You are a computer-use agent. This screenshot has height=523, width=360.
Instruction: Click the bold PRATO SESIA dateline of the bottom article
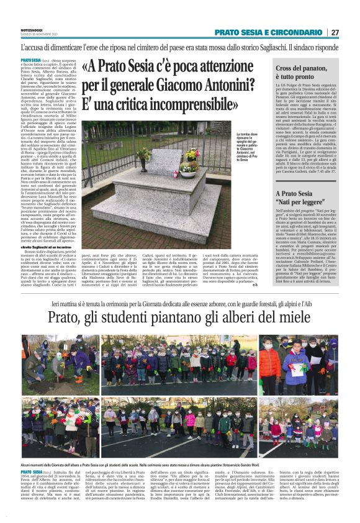[x=31, y=473]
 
